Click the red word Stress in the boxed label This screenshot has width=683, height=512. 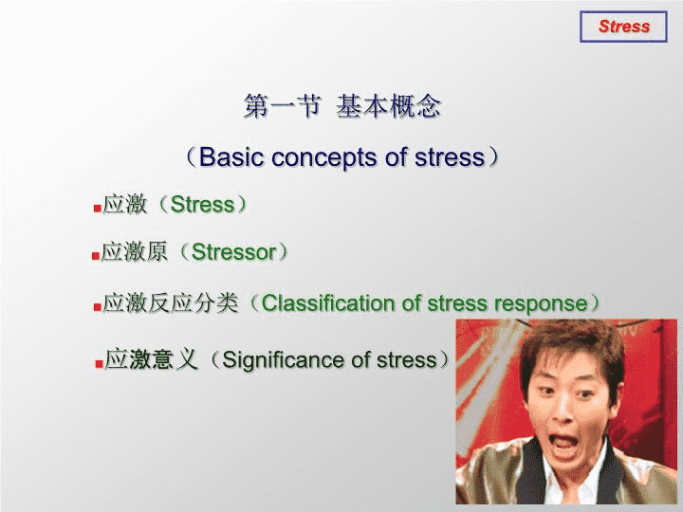click(x=624, y=27)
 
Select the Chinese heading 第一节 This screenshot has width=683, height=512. click(x=283, y=106)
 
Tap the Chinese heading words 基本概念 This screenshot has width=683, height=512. click(x=389, y=106)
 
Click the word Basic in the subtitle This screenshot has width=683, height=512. click(x=231, y=156)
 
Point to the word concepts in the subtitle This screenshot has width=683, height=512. click(x=324, y=157)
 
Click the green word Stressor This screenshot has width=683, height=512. click(x=234, y=251)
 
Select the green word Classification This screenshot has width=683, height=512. click(x=328, y=303)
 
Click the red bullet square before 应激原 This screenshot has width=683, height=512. click(x=96, y=256)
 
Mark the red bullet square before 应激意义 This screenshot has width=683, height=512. click(x=99, y=363)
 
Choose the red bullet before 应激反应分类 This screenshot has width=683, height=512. click(x=98, y=307)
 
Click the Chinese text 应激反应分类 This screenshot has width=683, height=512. click(x=171, y=303)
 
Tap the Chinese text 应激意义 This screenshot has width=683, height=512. click(x=151, y=359)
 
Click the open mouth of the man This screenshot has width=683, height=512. click(x=564, y=444)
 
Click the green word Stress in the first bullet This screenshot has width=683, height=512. click(x=202, y=204)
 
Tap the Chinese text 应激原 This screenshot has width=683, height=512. click(x=134, y=251)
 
